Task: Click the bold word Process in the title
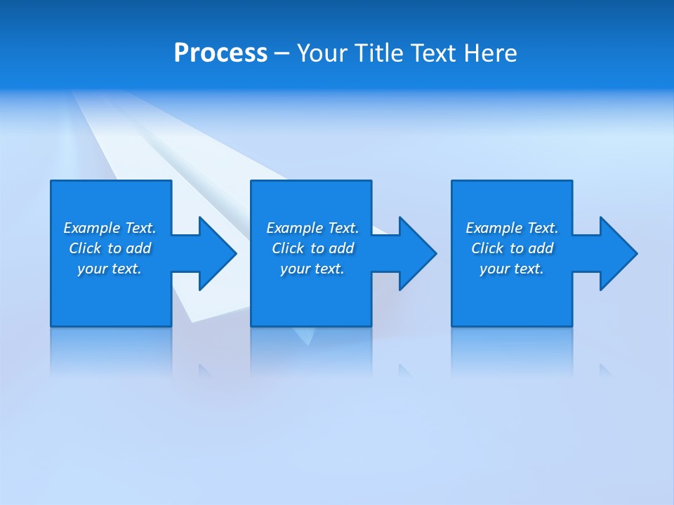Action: coord(220,53)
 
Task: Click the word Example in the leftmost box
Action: coord(92,228)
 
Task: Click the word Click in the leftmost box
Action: coord(85,248)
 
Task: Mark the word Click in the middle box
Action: coord(288,248)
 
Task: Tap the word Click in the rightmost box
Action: coord(487,248)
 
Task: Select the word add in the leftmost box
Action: coord(139,248)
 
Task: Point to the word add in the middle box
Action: coord(342,248)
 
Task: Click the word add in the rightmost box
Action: coord(541,248)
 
